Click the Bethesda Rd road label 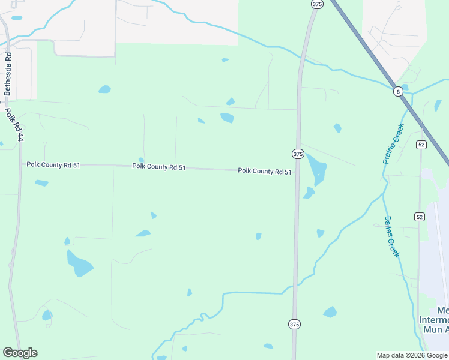8,74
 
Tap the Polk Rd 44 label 16,125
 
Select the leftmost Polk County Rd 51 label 53,164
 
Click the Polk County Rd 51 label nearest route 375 265,171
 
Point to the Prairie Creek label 394,143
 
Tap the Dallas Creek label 391,236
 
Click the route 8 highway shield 398,91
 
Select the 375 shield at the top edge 318,4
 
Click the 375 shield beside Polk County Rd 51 298,154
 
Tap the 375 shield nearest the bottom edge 294,324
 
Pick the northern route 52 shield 421,145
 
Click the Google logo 20,353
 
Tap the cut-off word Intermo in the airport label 433,320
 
